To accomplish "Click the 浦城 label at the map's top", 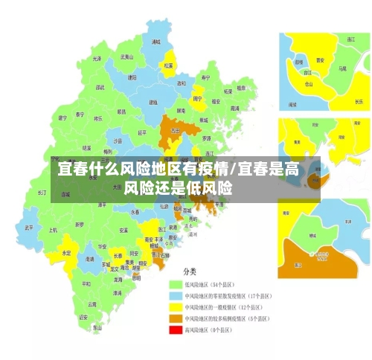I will [155, 42].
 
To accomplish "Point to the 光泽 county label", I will [97, 58].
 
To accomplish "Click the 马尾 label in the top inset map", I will [342, 68].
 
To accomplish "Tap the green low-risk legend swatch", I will [176, 284].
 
